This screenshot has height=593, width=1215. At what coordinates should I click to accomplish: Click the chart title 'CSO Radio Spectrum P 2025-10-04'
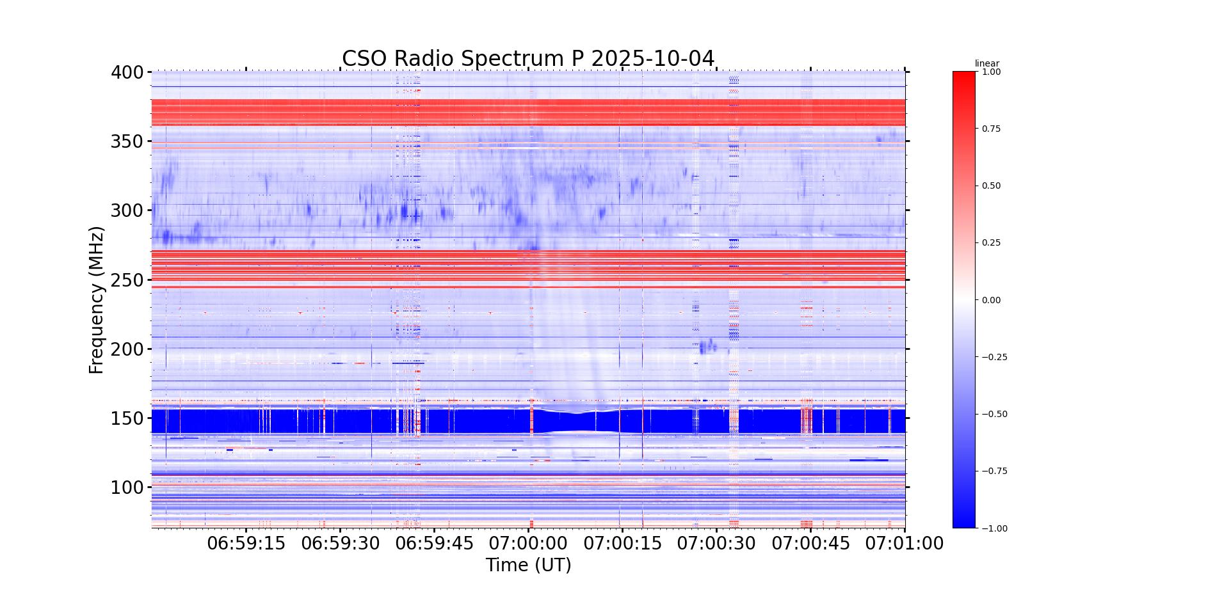(527, 58)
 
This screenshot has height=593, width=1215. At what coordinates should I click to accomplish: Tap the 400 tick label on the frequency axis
(127, 72)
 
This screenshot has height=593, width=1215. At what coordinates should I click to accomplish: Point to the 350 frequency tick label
(127, 141)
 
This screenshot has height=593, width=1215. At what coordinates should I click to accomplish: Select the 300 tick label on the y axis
(127, 210)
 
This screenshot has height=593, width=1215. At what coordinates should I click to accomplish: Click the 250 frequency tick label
(127, 280)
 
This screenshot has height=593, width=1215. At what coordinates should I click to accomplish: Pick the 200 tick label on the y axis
(127, 349)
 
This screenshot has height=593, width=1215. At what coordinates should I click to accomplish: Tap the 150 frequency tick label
(127, 418)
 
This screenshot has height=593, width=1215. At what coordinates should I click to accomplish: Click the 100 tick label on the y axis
(127, 487)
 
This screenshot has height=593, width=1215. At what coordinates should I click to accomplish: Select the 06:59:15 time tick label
(246, 544)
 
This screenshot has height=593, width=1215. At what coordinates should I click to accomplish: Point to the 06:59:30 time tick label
(340, 544)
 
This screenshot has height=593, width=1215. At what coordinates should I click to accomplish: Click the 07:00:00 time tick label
(528, 544)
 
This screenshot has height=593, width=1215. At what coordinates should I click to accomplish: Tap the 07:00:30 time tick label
(716, 544)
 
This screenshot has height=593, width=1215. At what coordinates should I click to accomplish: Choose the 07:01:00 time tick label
(905, 544)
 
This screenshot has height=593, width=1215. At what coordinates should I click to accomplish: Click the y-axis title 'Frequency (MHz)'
(96, 300)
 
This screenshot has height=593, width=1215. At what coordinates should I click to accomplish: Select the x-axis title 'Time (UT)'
(528, 565)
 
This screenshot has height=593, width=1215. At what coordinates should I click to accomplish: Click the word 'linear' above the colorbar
(986, 63)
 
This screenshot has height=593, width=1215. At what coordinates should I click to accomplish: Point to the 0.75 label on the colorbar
(991, 129)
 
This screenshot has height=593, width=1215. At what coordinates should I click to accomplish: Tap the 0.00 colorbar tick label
(991, 300)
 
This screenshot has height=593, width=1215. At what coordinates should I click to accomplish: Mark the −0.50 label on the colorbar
(994, 414)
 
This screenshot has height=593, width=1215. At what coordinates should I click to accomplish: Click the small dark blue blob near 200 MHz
(707, 347)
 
